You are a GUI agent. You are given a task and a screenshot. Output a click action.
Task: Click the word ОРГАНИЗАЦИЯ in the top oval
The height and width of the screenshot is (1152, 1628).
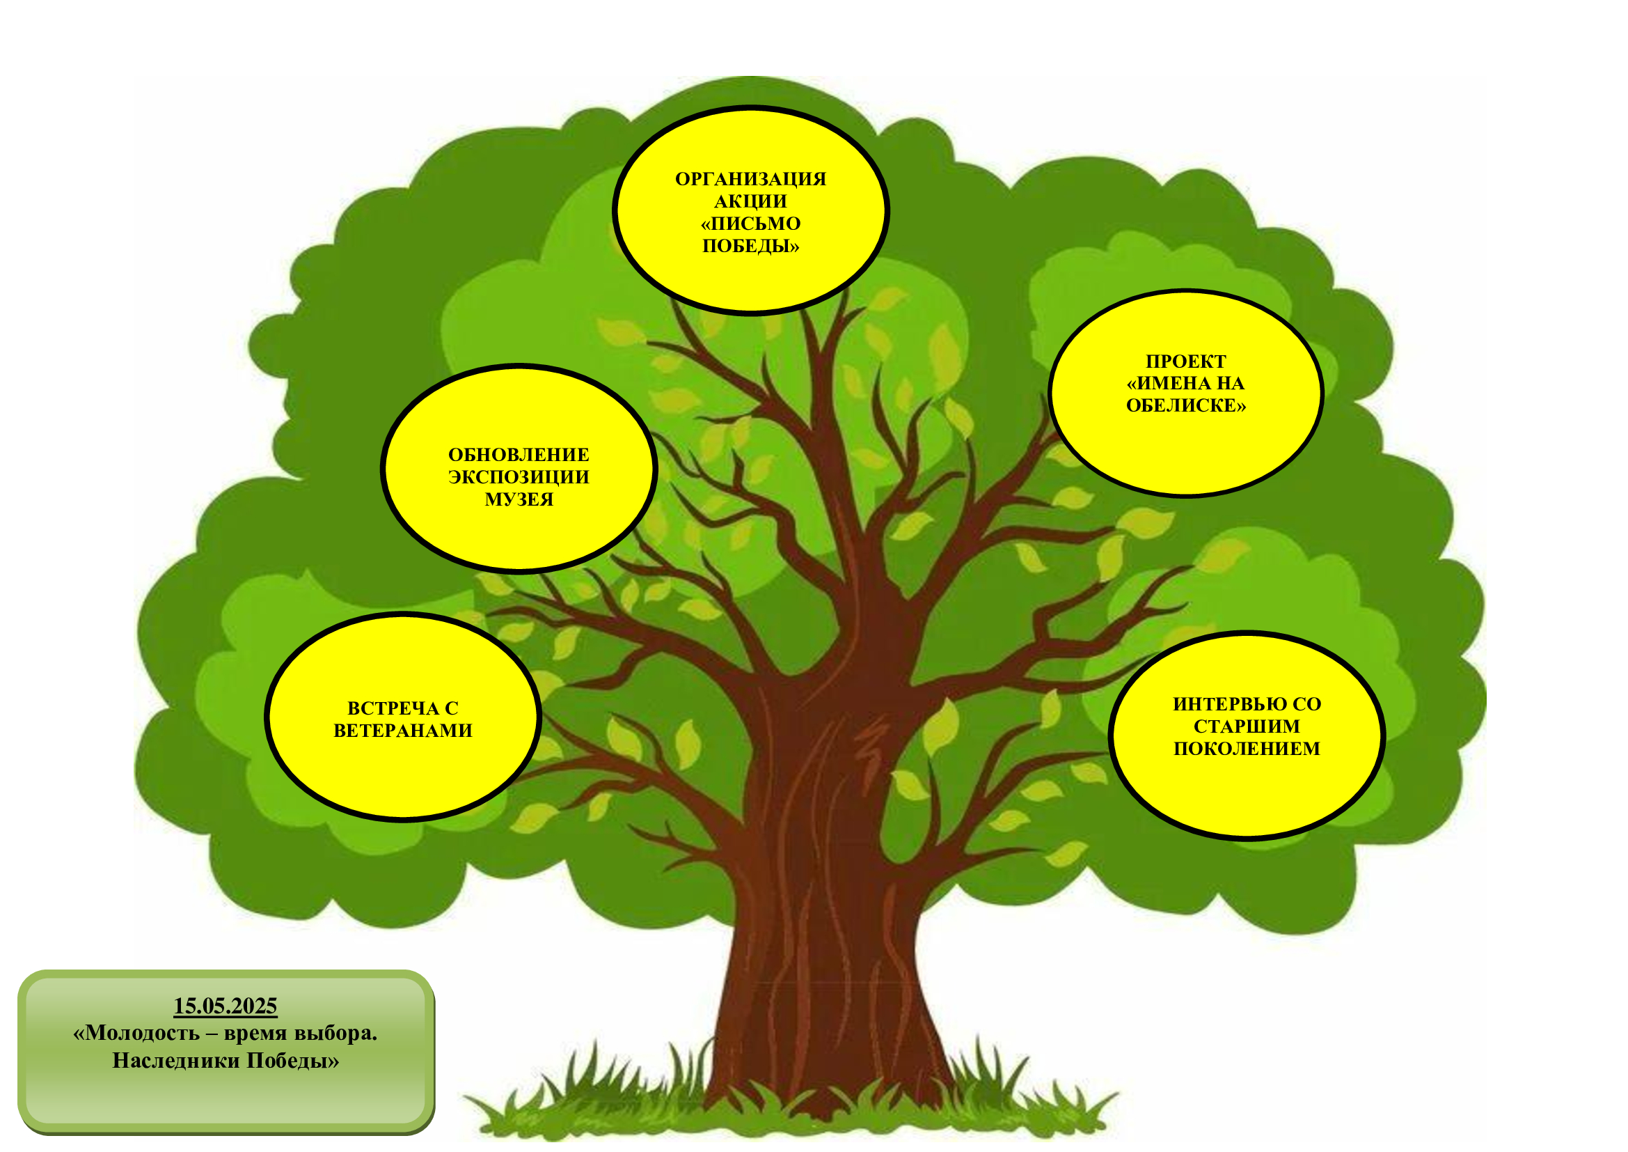[x=750, y=179]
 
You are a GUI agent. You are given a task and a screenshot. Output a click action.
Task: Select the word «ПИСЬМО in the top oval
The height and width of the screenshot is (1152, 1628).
[x=750, y=224]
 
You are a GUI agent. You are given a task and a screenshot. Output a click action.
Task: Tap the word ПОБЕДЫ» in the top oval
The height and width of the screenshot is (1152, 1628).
[x=750, y=246]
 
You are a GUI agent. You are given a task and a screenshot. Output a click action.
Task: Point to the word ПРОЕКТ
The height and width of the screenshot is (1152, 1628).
[x=1185, y=361]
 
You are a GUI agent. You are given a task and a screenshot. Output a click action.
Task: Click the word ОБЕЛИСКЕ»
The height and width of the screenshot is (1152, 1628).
[x=1185, y=405]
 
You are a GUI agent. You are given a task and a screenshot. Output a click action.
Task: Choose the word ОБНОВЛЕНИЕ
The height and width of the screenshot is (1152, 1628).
[x=519, y=455]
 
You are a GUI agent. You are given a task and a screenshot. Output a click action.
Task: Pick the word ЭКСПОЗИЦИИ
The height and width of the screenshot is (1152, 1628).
[x=519, y=476]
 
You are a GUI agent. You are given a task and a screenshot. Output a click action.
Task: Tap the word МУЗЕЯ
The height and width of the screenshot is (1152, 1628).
[x=519, y=499]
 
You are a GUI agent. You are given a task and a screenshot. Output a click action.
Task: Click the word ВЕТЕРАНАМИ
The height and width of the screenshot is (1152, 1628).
[x=403, y=731]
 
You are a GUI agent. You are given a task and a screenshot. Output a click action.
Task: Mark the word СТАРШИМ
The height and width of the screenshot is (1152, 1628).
[x=1247, y=726]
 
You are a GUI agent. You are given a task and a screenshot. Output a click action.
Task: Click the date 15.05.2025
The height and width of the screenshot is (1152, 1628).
[x=226, y=1006]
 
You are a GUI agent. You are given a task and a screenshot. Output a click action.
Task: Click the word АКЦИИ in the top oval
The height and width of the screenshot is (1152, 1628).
[x=750, y=201]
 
